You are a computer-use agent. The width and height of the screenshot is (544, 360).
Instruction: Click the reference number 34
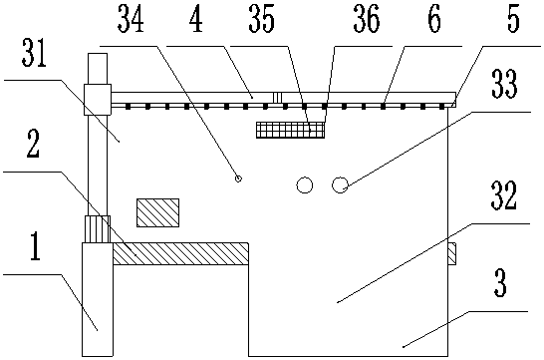pos(131,20)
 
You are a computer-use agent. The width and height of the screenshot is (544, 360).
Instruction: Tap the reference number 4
pos(196,20)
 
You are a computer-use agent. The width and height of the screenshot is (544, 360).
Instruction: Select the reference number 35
pos(262,20)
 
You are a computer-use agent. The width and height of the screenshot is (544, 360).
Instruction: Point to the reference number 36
pos(367,20)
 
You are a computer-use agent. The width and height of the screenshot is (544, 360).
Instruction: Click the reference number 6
pos(434,19)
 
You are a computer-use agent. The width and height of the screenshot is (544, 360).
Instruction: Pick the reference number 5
pos(513,19)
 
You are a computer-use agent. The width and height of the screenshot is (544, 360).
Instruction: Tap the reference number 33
pos(504,84)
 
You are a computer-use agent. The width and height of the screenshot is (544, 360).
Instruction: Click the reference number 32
pos(504,195)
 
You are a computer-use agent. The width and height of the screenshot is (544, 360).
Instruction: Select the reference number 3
pos(500,283)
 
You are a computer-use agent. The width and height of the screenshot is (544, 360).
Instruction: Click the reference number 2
pos(33,144)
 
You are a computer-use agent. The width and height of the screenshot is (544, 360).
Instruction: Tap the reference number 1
pos(36,246)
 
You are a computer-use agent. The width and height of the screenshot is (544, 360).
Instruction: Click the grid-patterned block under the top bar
pos(290,130)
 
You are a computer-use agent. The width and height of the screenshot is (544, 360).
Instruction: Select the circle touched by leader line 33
pos(340,185)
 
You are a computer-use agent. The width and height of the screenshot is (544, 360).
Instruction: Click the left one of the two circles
pos(305,185)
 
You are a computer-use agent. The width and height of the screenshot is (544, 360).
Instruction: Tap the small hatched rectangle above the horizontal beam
pos(157,212)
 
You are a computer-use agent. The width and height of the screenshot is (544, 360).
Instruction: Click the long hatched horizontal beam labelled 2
pos(180,253)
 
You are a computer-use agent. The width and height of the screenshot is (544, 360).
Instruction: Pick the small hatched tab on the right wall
pos(451,253)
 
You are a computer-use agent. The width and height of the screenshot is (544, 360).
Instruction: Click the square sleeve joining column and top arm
pos(98,100)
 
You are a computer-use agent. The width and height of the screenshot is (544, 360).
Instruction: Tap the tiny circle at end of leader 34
pos(238,179)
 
